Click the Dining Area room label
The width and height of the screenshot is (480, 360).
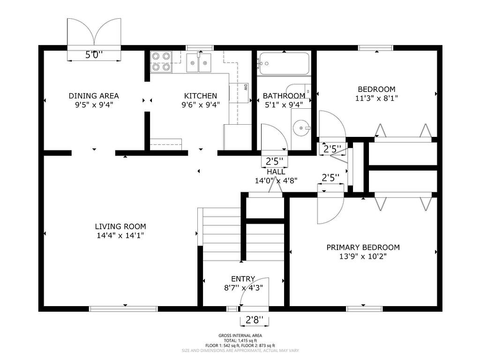[x=94, y=96]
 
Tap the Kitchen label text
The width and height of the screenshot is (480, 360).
[x=201, y=96]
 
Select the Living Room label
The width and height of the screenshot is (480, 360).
[x=120, y=226]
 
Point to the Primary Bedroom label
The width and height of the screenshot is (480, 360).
[x=363, y=247]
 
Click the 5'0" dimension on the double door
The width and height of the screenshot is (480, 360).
[x=94, y=55]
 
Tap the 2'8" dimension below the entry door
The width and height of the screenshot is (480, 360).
[x=255, y=320]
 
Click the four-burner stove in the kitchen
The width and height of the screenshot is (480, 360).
[x=161, y=62]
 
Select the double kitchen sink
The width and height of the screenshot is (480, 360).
[x=199, y=62]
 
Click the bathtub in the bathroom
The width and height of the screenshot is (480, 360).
[x=285, y=63]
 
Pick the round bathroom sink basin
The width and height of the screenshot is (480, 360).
[x=301, y=127]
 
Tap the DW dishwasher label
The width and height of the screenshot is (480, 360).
[x=246, y=87]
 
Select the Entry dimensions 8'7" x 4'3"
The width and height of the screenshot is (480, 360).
[x=243, y=288]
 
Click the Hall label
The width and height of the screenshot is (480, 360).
[x=276, y=172]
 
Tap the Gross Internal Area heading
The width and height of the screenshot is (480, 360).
[x=240, y=336]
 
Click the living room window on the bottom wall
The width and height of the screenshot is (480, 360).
[x=123, y=308]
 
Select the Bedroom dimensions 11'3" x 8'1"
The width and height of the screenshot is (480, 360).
[x=376, y=98]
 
